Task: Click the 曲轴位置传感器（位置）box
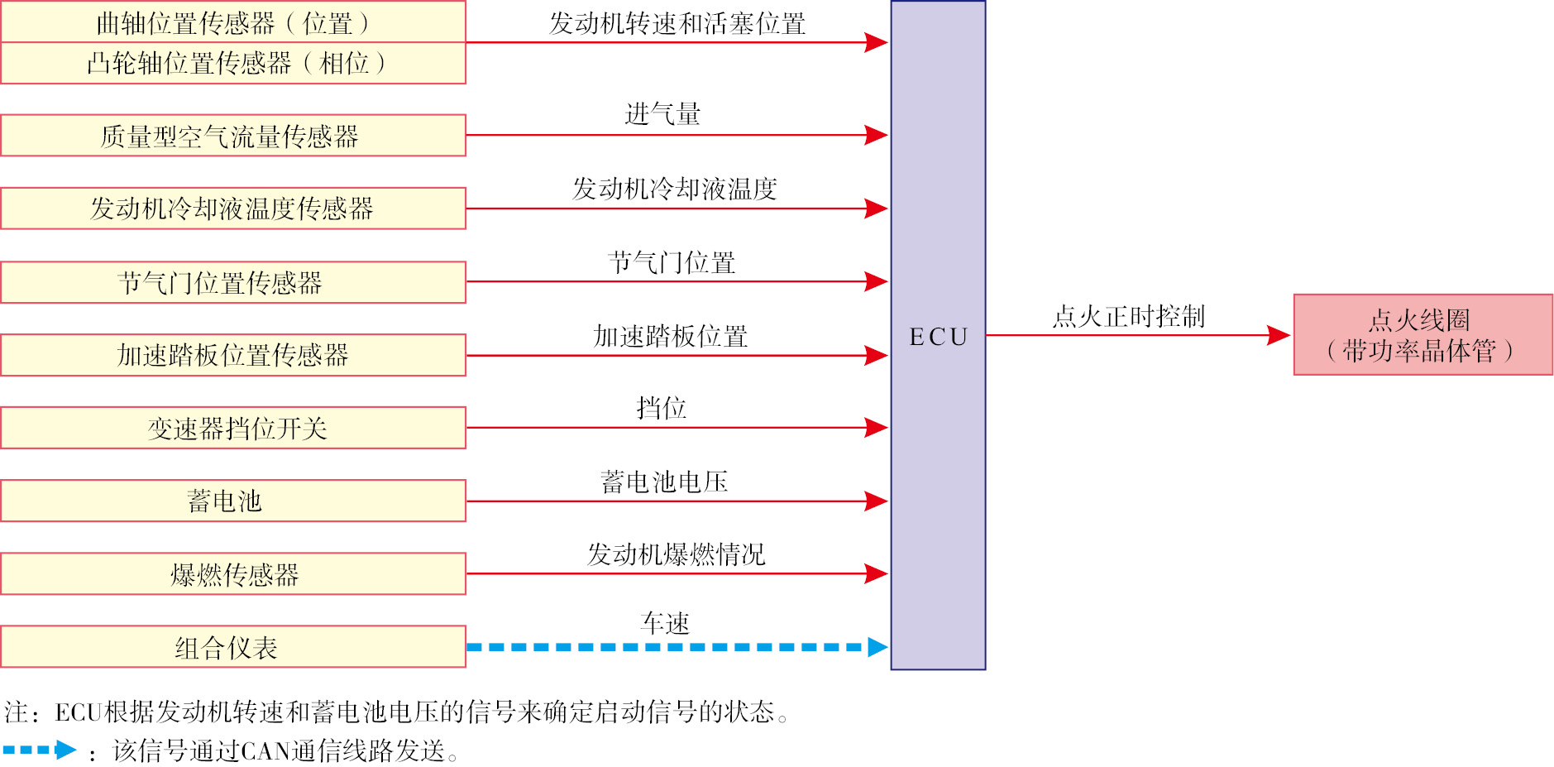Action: (233, 22)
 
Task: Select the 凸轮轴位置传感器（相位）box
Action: (233, 64)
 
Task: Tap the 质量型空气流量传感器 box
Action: (233, 136)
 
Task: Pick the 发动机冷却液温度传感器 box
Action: (233, 209)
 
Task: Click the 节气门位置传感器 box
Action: (233, 283)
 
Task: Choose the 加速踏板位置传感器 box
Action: (233, 355)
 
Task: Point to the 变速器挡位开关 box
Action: (233, 428)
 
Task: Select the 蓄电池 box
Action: (233, 501)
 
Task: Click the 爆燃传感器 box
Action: (233, 573)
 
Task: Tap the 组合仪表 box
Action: (233, 647)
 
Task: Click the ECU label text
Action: (938, 337)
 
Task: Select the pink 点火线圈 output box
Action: (1423, 335)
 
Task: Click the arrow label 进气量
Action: (662, 114)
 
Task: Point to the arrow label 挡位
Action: (662, 408)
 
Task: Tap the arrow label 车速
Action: (665, 623)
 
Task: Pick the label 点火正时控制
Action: (1129, 316)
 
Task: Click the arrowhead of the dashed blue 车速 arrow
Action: (877, 647)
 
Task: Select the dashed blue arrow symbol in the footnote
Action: (40, 750)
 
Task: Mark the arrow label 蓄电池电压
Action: (664, 482)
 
